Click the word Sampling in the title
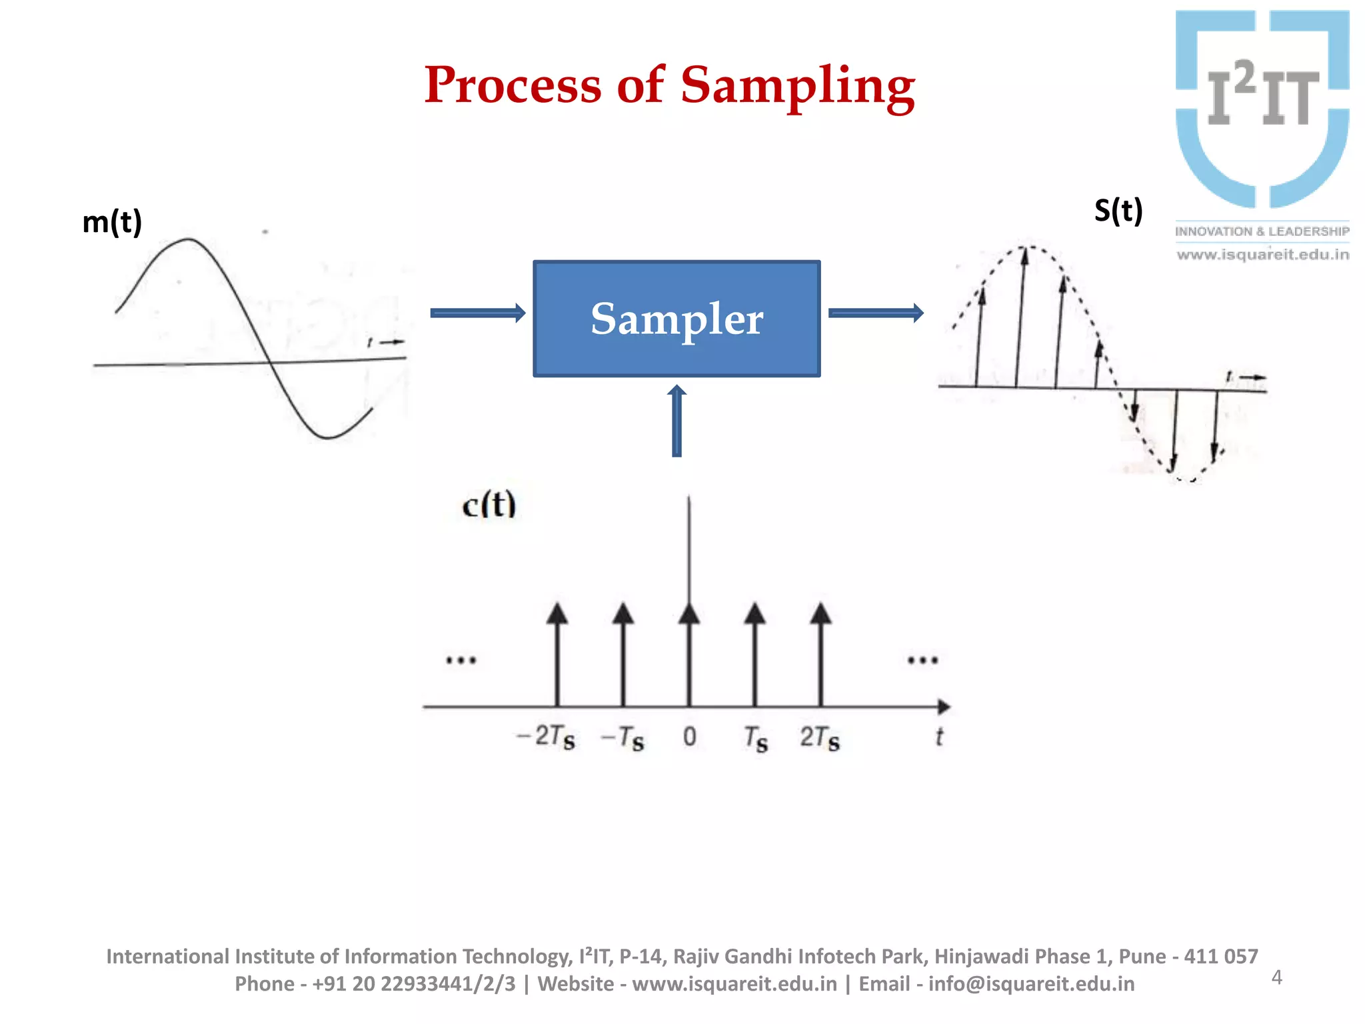coord(797,87)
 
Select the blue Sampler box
coord(676,319)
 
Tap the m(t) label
coord(112,222)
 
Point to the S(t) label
coord(1118,211)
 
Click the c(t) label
coord(489,505)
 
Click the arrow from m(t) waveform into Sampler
coord(477,313)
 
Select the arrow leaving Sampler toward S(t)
coord(875,313)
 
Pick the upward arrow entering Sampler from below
coord(677,421)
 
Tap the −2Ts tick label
coord(546,737)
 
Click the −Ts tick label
coord(623,738)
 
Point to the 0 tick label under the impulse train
coord(689,737)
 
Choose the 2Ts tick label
coord(820,738)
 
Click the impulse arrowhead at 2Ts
coord(820,613)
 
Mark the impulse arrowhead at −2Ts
coord(557,613)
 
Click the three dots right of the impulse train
coord(922,661)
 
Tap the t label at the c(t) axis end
coord(938,737)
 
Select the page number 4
coord(1276,977)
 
